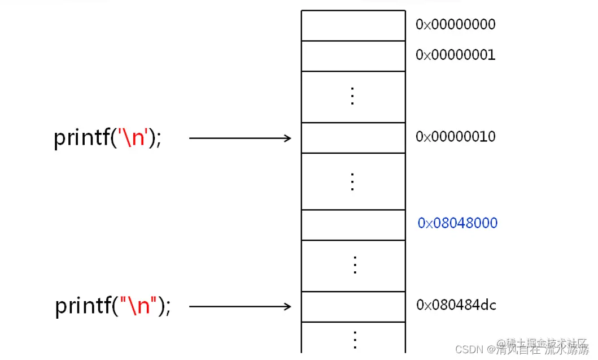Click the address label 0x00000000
[455, 24]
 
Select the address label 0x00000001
[455, 55]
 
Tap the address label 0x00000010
[455, 137]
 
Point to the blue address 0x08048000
[457, 223]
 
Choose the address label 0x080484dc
[456, 305]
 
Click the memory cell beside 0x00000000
[353, 25]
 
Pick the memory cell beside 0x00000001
[353, 56]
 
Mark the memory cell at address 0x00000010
[353, 137]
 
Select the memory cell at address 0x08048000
[353, 225]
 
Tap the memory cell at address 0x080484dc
[353, 306]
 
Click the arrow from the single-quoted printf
[240, 137]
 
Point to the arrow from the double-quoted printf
[240, 306]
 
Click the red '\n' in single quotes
[133, 137]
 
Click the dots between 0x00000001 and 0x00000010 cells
[353, 97]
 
